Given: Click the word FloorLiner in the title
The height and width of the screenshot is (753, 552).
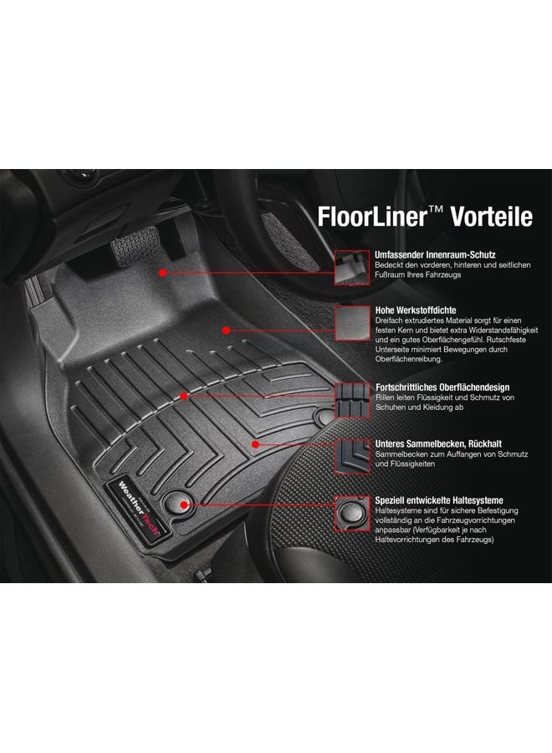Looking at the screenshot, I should coord(371,216).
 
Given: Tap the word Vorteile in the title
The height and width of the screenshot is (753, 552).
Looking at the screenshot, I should coord(492,216).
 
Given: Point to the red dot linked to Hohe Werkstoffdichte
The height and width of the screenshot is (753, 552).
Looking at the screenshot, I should coord(225,330).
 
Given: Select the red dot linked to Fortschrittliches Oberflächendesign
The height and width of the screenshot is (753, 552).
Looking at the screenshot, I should coord(184,395).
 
